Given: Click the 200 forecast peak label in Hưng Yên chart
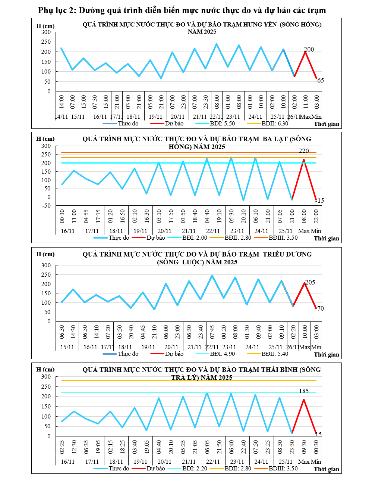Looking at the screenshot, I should [309, 49].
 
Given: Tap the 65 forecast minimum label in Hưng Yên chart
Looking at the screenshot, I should [321, 80].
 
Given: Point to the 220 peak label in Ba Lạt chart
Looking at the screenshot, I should [304, 151].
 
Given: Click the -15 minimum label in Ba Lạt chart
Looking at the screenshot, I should [319, 200].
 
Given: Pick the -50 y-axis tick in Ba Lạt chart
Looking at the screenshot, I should [46, 205].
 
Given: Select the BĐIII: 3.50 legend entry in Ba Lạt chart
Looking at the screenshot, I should [283, 238].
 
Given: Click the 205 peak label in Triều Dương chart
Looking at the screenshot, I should [310, 282].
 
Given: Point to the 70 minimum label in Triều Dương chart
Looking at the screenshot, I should [321, 308].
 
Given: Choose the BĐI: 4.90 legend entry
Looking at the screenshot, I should [222, 354].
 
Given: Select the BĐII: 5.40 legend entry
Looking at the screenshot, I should [275, 354].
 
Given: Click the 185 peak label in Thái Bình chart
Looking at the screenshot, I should [304, 391].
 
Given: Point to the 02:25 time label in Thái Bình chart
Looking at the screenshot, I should [62, 447].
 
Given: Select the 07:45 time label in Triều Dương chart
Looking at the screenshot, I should [212, 332].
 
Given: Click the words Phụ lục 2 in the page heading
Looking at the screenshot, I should [56, 10].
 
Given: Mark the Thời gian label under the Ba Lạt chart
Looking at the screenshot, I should [327, 238].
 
